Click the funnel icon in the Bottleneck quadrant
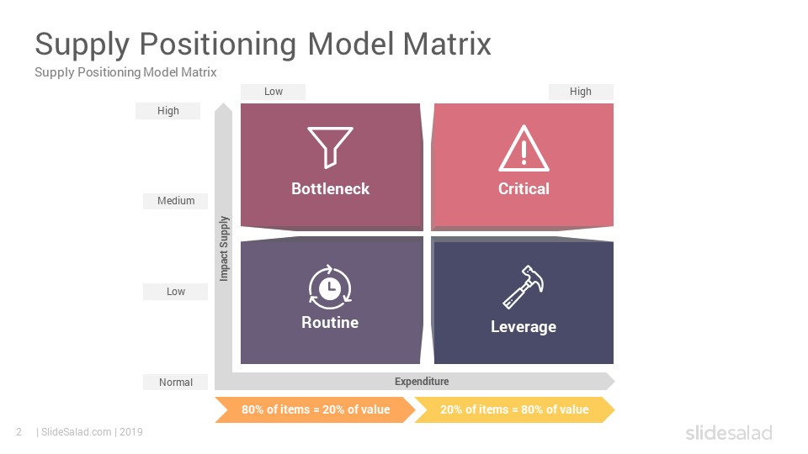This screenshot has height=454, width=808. [x=330, y=146]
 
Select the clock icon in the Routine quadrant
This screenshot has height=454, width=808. [x=330, y=288]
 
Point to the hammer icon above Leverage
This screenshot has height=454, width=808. [x=524, y=287]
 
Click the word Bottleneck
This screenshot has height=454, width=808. [x=330, y=189]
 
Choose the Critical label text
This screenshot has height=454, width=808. [x=524, y=189]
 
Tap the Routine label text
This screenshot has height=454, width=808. [x=330, y=323]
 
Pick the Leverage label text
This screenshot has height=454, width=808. [x=524, y=327]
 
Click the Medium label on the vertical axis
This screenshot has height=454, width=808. [x=176, y=201]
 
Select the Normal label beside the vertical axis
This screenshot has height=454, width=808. [x=176, y=382]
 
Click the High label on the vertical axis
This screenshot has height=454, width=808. [x=168, y=111]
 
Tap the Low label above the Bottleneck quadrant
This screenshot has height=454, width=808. [x=273, y=92]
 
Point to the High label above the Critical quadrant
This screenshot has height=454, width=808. [x=580, y=92]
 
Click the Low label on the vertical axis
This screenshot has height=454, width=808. [x=176, y=292]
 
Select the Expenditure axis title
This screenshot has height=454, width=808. [x=422, y=382]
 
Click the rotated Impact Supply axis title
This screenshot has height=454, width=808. [x=224, y=249]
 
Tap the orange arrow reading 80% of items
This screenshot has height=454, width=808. [x=316, y=409]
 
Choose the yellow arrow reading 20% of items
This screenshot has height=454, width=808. [x=514, y=409]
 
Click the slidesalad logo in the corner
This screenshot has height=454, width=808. [x=729, y=432]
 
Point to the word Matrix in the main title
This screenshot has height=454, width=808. [x=447, y=44]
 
